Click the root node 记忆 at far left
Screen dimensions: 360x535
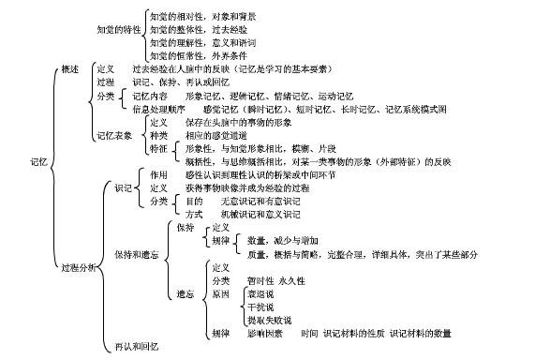pyautogui.click(x=38, y=161)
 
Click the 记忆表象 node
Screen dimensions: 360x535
pyautogui.click(x=115, y=135)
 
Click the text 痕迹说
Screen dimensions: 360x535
pyautogui.click(x=260, y=294)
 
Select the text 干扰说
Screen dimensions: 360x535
pyautogui.click(x=260, y=307)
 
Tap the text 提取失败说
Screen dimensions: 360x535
pyautogui.click(x=266, y=319)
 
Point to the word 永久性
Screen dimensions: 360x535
pyautogui.click(x=291, y=280)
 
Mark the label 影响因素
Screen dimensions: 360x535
pyautogui.click(x=265, y=333)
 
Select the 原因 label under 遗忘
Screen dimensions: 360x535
pyautogui.click(x=221, y=293)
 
